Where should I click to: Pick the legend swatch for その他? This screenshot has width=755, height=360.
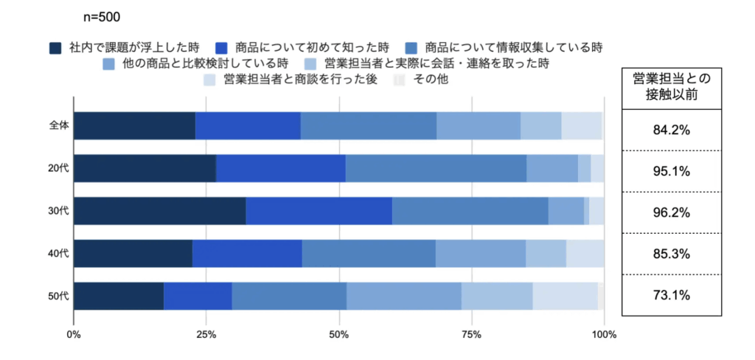click(400, 80)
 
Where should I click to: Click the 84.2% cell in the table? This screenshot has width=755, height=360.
click(671, 131)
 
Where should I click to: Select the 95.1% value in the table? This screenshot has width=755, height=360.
click(671, 172)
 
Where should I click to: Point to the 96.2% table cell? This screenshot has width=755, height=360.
click(671, 213)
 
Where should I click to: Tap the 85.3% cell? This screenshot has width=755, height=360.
click(671, 255)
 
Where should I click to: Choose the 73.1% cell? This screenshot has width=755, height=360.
click(671, 296)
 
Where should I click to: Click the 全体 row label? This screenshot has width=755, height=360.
click(59, 126)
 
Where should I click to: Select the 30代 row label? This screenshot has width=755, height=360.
click(59, 211)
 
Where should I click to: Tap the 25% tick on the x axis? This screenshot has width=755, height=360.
click(206, 336)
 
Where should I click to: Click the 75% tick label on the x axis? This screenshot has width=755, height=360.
click(472, 336)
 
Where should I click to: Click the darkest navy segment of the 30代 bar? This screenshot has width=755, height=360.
click(159, 211)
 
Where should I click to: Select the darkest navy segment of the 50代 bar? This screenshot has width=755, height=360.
click(118, 296)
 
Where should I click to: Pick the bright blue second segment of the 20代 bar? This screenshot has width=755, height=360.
click(280, 168)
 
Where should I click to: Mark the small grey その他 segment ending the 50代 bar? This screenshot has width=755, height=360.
click(601, 296)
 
